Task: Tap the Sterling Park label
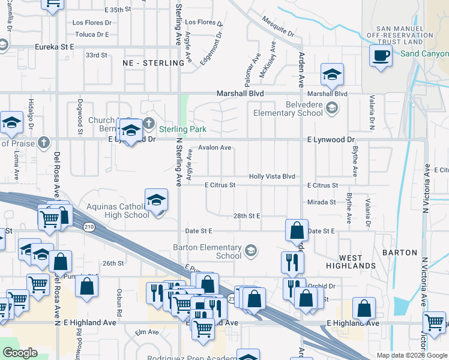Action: coord(182,129)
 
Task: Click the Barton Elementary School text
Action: coord(207,251)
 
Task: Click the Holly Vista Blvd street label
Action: coord(272,176)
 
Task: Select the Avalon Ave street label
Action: coord(215,148)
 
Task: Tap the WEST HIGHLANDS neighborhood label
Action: coord(351,265)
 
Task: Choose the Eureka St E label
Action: coord(53,46)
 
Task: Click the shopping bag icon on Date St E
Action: coord(297,230)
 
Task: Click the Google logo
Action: coord(20,352)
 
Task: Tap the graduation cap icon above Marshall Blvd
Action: coord(332,75)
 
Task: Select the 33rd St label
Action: coord(96,55)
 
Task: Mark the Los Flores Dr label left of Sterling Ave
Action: coord(92,23)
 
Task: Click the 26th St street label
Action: coord(112,263)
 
